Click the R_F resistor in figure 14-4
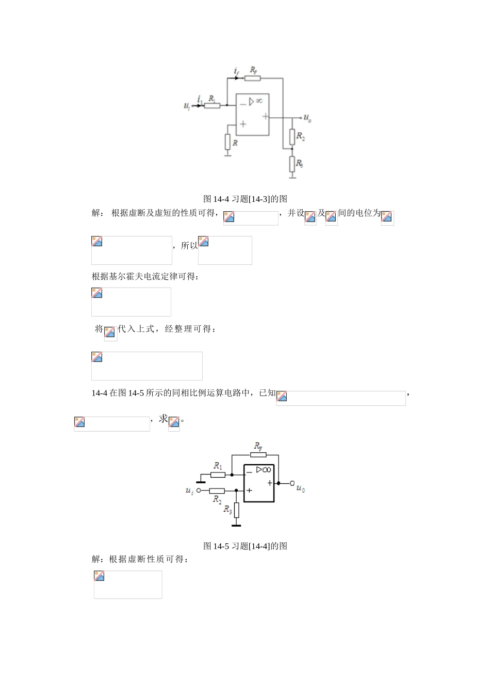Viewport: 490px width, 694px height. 252,78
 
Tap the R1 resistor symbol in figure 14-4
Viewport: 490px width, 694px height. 212,105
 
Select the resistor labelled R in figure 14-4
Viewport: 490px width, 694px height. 227,141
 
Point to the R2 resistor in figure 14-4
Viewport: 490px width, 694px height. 292,137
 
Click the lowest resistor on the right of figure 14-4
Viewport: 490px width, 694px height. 292,164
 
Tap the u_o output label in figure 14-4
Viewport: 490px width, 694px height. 307,118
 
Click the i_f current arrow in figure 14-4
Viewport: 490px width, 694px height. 236,78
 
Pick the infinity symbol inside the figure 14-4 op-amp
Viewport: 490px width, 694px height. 259,101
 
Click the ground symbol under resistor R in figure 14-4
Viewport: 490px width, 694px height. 227,153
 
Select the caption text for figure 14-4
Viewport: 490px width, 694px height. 245,199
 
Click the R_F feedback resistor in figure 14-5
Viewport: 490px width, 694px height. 258,455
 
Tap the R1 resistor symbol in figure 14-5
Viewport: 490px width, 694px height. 218,475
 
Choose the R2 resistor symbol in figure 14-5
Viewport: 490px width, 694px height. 217,490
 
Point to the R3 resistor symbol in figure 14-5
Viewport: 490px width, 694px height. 236,510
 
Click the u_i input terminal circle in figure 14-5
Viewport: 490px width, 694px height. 199,490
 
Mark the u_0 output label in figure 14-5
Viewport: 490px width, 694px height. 300,488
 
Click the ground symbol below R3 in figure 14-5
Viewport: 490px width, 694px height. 236,525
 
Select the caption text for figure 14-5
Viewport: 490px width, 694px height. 245,546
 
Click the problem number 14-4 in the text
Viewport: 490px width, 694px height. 99,393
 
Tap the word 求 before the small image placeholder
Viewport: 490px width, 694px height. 163,419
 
